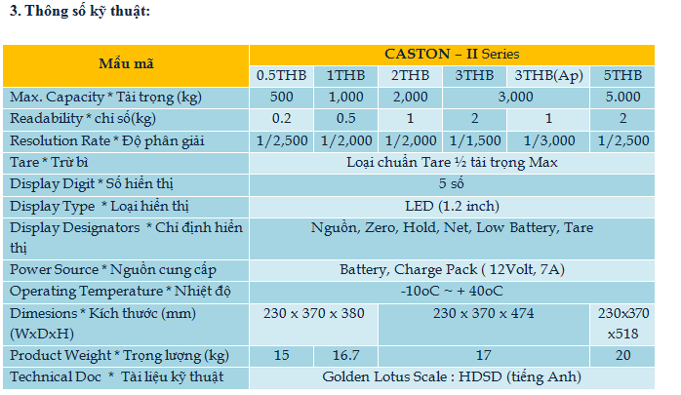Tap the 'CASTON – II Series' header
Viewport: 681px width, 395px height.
pyautogui.click(x=452, y=54)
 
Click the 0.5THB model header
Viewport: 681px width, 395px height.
pyautogui.click(x=281, y=75)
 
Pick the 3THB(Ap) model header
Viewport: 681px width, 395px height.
pyautogui.click(x=548, y=75)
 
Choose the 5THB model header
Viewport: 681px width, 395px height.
pyautogui.click(x=622, y=75)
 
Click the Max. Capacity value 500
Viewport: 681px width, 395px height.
pyautogui.click(x=281, y=97)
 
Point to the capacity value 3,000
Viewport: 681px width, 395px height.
pyautogui.click(x=515, y=97)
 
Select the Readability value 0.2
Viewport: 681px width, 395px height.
pyautogui.click(x=281, y=118)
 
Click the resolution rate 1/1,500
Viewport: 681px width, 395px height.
pyautogui.click(x=475, y=140)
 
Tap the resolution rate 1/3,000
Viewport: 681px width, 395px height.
pyautogui.click(x=549, y=140)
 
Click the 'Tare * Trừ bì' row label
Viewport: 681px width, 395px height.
pyautogui.click(x=49, y=162)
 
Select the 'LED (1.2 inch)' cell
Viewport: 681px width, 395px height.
pyautogui.click(x=452, y=206)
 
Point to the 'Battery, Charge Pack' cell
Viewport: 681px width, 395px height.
pyautogui.click(x=452, y=269)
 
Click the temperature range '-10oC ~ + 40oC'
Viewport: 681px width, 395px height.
pyautogui.click(x=452, y=291)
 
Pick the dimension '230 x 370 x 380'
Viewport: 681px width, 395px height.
pyautogui.click(x=313, y=313)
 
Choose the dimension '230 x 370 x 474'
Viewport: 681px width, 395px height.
pyautogui.click(x=483, y=313)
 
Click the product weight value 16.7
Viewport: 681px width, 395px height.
pyautogui.click(x=345, y=355)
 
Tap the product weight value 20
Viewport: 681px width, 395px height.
pyautogui.click(x=622, y=355)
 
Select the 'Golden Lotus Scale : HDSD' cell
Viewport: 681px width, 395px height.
pyautogui.click(x=452, y=376)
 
